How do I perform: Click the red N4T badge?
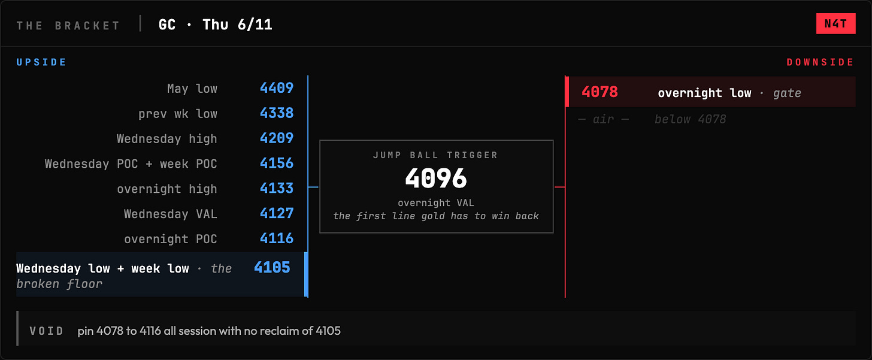pos(835,24)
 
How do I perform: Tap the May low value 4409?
pos(277,88)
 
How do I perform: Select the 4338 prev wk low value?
pos(277,113)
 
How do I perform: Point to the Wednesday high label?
pos(166,138)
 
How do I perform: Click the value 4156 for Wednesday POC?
pos(277,164)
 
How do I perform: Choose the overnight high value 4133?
pos(277,188)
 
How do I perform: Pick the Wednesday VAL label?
pos(170,214)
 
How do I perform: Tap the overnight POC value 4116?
pos(277,238)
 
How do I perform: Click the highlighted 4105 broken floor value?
pos(272,267)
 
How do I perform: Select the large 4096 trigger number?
pos(436,179)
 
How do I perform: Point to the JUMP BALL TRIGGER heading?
pos(435,155)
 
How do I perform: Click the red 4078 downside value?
pos(599,92)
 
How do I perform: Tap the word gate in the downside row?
pos(787,93)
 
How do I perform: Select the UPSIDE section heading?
pos(42,62)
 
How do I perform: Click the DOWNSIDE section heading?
pos(820,62)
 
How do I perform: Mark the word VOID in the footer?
pos(46,331)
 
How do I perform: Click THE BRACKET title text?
pos(68,26)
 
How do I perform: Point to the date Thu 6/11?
pos(237,25)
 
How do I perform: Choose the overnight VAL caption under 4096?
pos(436,203)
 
